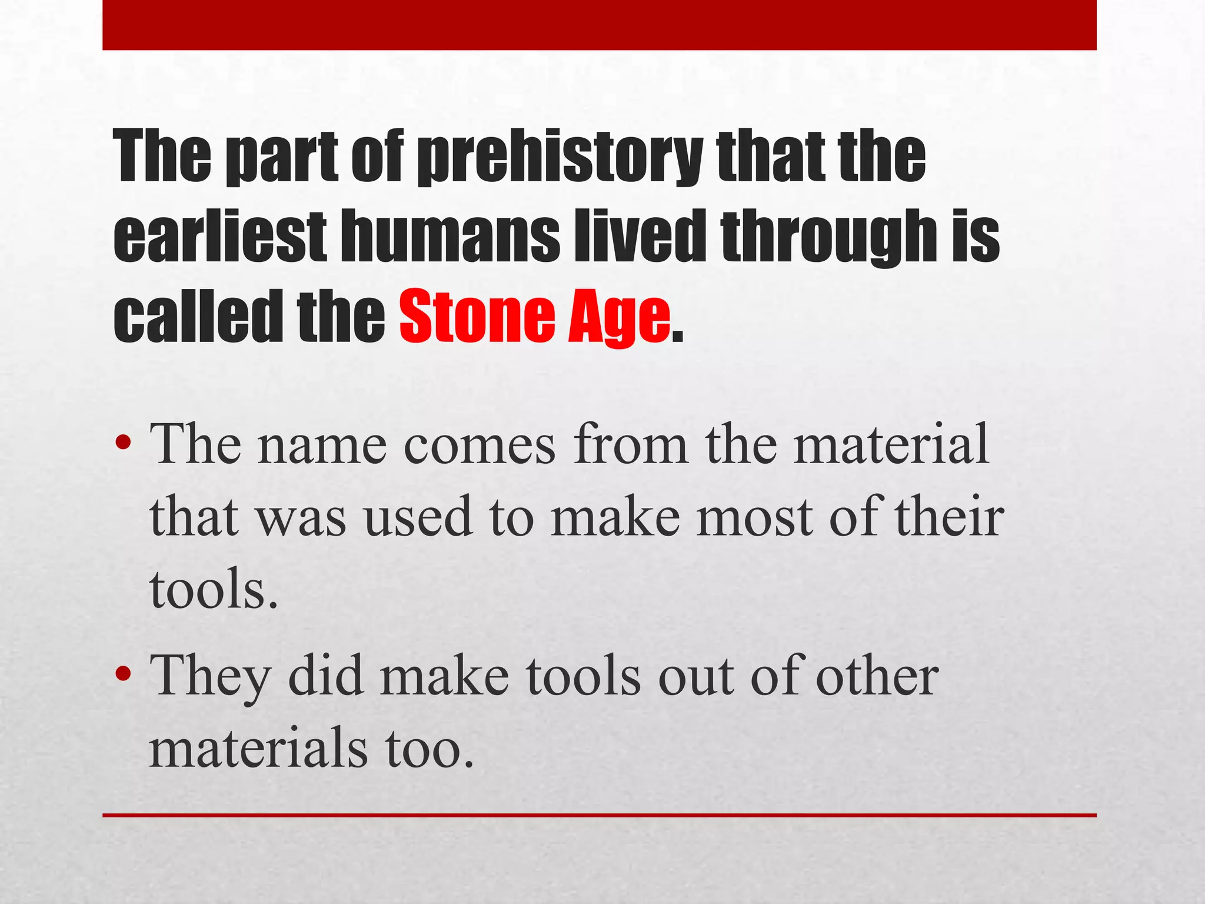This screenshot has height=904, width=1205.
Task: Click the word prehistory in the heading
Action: pyautogui.click(x=559, y=158)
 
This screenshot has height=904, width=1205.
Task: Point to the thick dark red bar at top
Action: pyautogui.click(x=599, y=25)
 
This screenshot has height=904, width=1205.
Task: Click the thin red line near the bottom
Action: pyautogui.click(x=599, y=816)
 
